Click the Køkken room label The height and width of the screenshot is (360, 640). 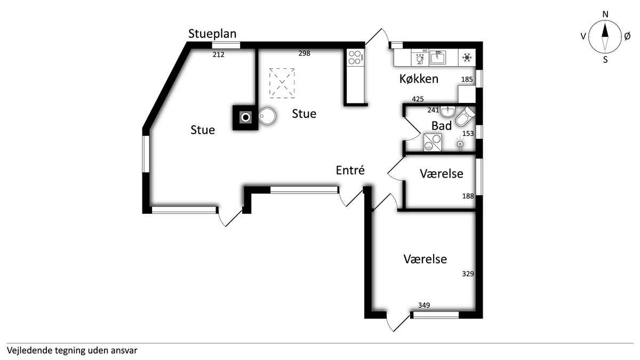[x=419, y=79]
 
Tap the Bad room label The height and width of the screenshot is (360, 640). [x=442, y=126]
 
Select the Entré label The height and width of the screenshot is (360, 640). [x=350, y=170]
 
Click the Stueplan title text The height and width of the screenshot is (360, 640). [x=212, y=34]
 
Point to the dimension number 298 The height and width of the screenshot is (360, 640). [x=305, y=53]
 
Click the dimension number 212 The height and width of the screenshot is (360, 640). [x=219, y=54]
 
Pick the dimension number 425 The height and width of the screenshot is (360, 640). [x=418, y=99]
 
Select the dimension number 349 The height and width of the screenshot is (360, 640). [x=424, y=305]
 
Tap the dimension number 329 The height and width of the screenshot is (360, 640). [x=468, y=274]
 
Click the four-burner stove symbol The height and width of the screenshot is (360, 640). [x=355, y=58]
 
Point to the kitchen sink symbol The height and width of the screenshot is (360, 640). [x=438, y=58]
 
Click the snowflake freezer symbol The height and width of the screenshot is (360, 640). [x=467, y=58]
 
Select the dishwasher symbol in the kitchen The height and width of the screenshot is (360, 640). [x=420, y=58]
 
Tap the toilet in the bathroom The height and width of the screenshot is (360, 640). [x=465, y=117]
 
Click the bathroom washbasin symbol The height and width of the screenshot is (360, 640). [x=447, y=111]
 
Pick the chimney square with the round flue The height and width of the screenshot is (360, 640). [x=245, y=118]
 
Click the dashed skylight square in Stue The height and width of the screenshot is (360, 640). [x=282, y=83]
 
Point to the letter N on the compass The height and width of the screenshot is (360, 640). [x=605, y=14]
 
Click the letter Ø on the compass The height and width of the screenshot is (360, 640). [x=627, y=36]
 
